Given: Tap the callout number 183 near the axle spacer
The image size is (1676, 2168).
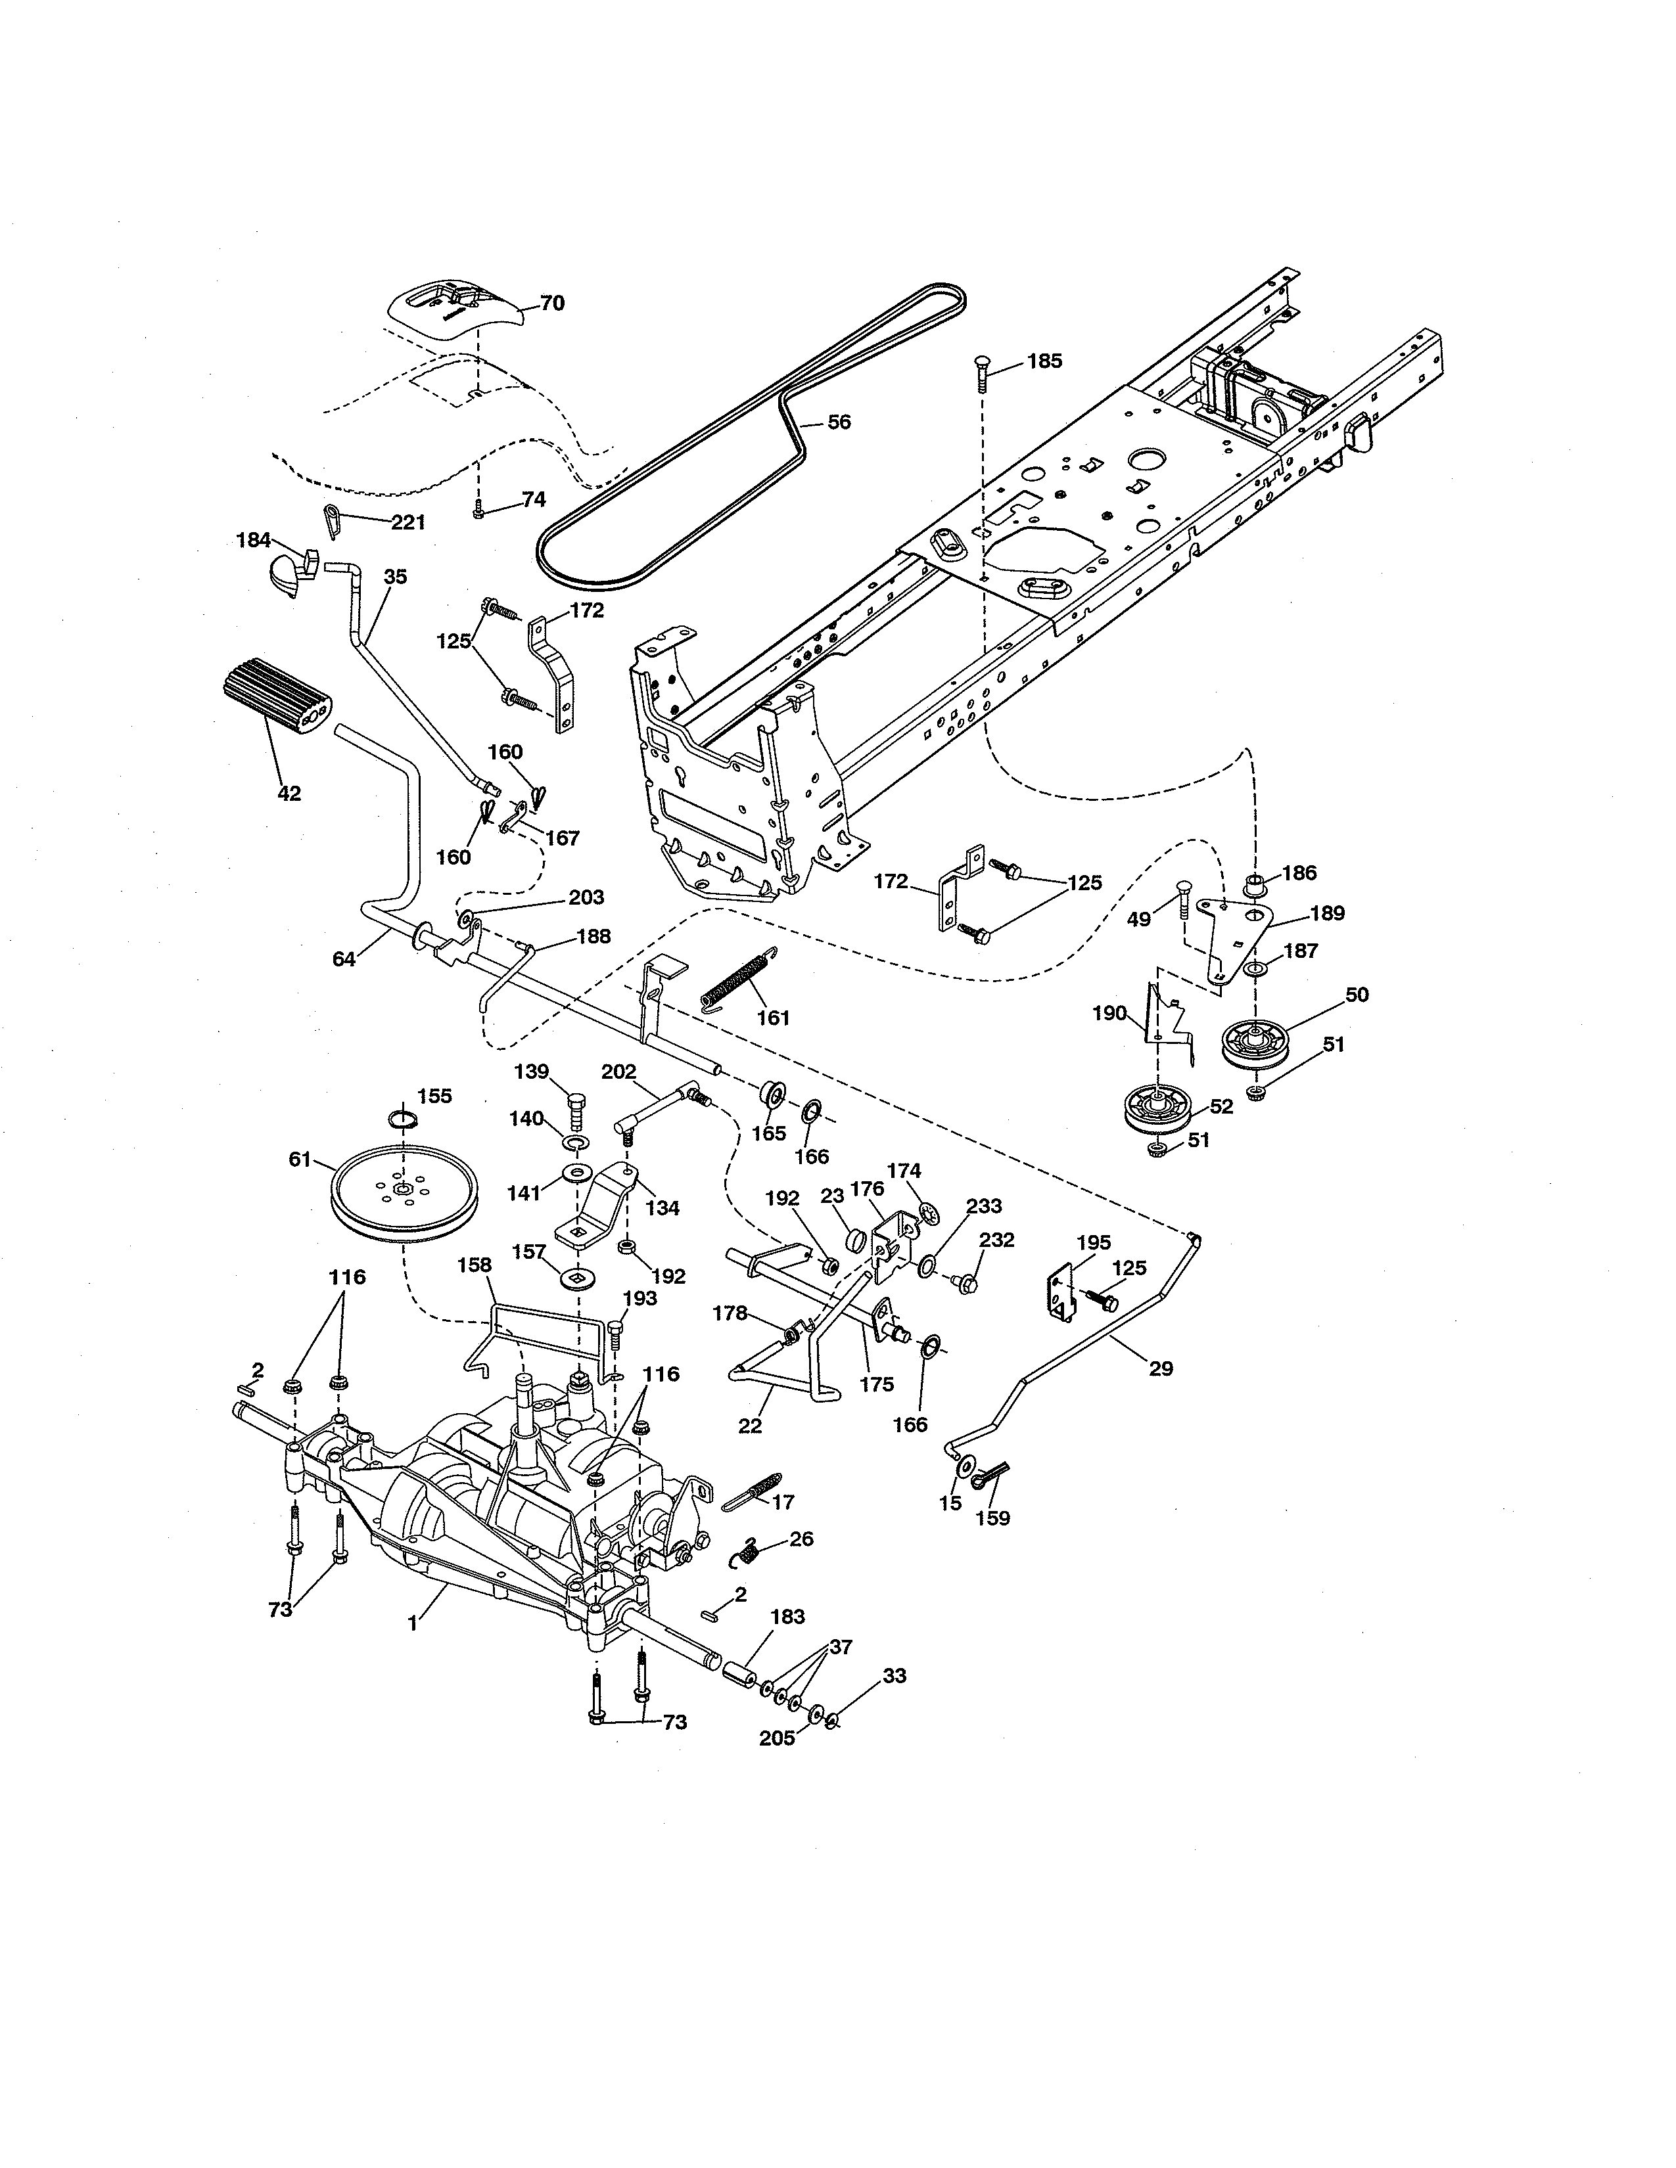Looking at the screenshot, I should point(787,1616).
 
